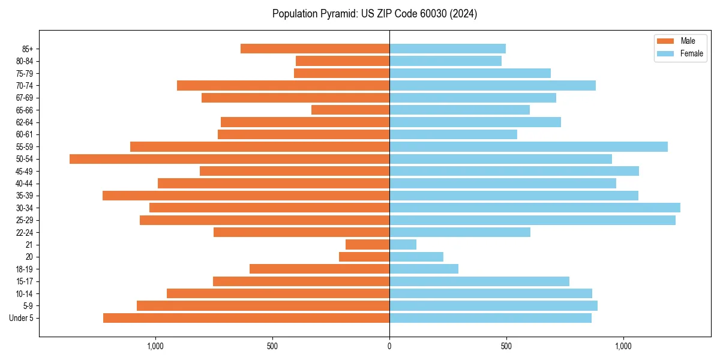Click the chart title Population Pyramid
(x=374, y=14)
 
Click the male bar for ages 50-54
(x=229, y=159)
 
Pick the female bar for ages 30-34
(x=535, y=208)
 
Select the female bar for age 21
(x=403, y=244)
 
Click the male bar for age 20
(x=364, y=257)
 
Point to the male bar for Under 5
(x=246, y=318)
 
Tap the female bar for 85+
(x=448, y=49)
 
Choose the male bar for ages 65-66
(x=350, y=110)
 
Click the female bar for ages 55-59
(x=529, y=146)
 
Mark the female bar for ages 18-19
(x=424, y=269)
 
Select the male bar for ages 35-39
(x=246, y=196)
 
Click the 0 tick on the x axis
(x=389, y=346)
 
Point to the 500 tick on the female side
(x=506, y=346)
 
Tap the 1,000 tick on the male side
(x=155, y=346)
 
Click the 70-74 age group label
(x=25, y=85)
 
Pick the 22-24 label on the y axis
(x=25, y=232)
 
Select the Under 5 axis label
(x=22, y=318)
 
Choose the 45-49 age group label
(x=25, y=171)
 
